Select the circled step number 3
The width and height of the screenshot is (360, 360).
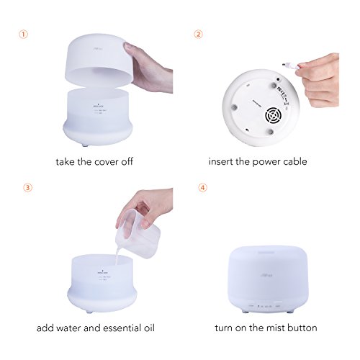27,189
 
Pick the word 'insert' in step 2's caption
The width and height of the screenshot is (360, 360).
224,161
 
